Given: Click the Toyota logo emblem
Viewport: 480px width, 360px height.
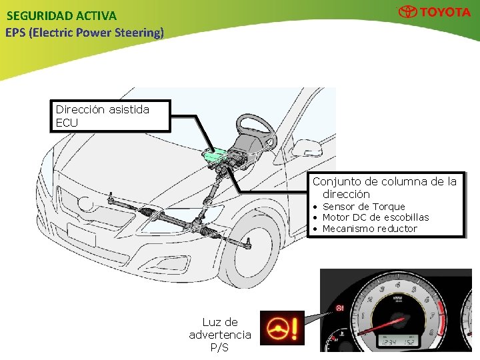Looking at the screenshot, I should pyautogui.click(x=408, y=12).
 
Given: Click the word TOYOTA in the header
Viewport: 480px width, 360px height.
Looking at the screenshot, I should pyautogui.click(x=445, y=12).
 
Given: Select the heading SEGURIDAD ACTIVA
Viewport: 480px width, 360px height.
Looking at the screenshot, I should pyautogui.click(x=61, y=15).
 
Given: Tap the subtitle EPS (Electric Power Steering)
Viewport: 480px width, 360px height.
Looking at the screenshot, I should pyautogui.click(x=84, y=32).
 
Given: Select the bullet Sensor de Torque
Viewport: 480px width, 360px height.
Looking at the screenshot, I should pyautogui.click(x=363, y=207).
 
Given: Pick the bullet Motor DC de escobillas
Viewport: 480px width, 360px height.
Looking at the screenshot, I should pyautogui.click(x=375, y=217).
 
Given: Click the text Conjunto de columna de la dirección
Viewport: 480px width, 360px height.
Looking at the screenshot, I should pyautogui.click(x=385, y=187).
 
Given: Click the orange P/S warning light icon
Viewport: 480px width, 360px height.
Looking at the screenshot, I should pyautogui.click(x=281, y=328).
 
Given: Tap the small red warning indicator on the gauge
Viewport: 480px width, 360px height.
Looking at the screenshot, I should pyautogui.click(x=340, y=309).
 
